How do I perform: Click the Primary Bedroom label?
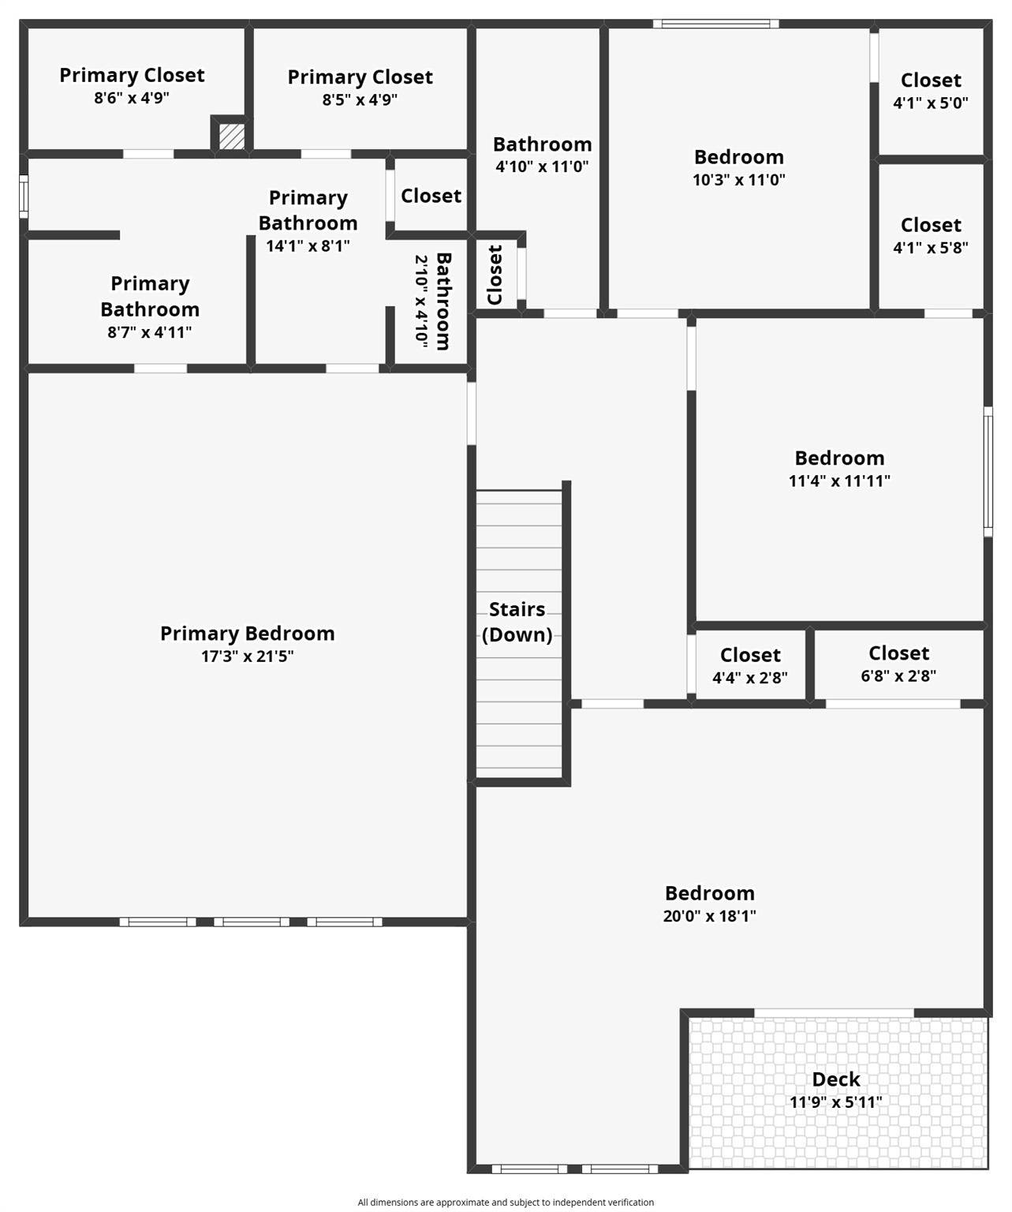(x=247, y=634)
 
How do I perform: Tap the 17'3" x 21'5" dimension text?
(x=247, y=656)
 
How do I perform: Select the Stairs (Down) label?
(x=517, y=622)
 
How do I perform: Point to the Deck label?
(x=836, y=1079)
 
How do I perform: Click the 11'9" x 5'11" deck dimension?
(x=836, y=1102)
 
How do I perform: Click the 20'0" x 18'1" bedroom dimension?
(x=709, y=916)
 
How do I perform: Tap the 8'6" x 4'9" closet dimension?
(x=132, y=99)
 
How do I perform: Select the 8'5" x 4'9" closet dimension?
(x=360, y=100)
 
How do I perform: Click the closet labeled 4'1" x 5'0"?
(x=931, y=91)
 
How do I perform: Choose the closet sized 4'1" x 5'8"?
(x=931, y=236)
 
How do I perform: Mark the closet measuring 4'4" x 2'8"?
(x=750, y=666)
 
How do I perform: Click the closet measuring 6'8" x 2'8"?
(x=898, y=664)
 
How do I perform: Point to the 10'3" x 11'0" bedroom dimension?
(x=739, y=180)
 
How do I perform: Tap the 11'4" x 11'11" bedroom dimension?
(x=839, y=481)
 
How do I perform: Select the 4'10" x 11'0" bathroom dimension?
(x=542, y=167)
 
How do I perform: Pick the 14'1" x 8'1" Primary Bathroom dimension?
(x=308, y=246)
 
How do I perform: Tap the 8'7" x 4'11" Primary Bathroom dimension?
(x=150, y=333)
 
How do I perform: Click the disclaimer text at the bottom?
(x=506, y=1203)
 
